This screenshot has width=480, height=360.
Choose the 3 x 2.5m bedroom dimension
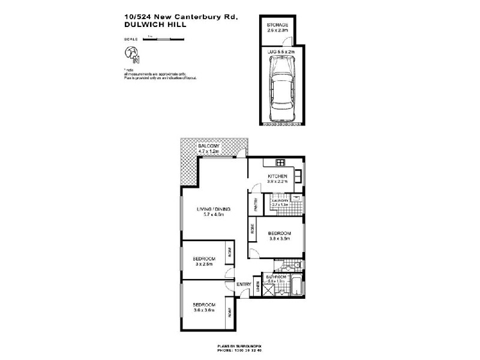[x=204, y=264]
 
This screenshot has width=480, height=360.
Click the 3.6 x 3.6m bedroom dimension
[x=204, y=310]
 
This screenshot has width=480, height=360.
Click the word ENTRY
[x=244, y=284]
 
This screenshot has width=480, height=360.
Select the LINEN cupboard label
[x=258, y=287]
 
